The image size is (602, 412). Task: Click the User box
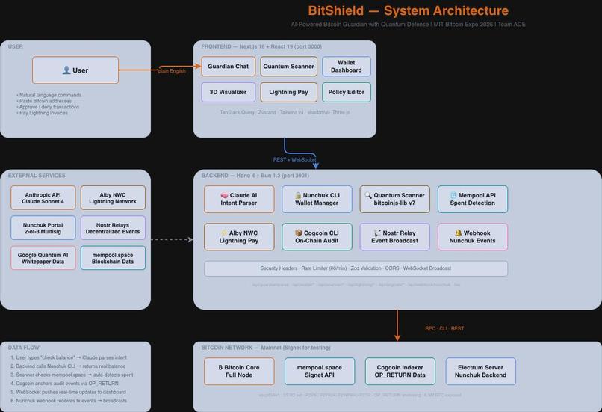[75, 70]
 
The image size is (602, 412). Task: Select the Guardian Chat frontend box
[228, 67]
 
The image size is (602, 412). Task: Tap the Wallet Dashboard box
[347, 67]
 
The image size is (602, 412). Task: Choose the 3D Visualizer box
[228, 92]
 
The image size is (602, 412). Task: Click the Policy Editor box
[347, 92]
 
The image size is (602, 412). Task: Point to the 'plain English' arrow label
[172, 71]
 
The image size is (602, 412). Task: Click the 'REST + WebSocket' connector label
[294, 159]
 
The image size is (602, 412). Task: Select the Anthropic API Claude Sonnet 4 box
[43, 198]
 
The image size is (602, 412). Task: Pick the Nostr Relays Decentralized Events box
[113, 228]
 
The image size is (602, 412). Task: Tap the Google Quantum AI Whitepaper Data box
[43, 258]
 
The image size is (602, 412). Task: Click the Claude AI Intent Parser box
[239, 200]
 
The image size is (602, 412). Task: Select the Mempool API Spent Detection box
[472, 200]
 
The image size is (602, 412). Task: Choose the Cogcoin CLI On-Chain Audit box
[317, 237]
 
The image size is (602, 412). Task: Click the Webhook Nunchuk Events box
[472, 237]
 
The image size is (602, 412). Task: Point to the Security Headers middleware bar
[356, 268]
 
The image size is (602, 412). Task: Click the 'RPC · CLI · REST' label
[444, 328]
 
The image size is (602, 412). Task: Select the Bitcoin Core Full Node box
[239, 372]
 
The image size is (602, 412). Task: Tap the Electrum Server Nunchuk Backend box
[480, 372]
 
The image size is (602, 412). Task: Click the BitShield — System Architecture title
[408, 11]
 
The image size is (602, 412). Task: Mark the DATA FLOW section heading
[24, 348]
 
